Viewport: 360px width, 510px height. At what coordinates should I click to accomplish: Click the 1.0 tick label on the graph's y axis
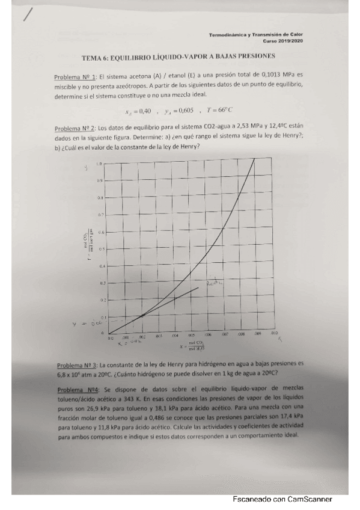coord(99,164)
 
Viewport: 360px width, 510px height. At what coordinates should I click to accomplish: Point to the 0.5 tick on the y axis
coord(102,248)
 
